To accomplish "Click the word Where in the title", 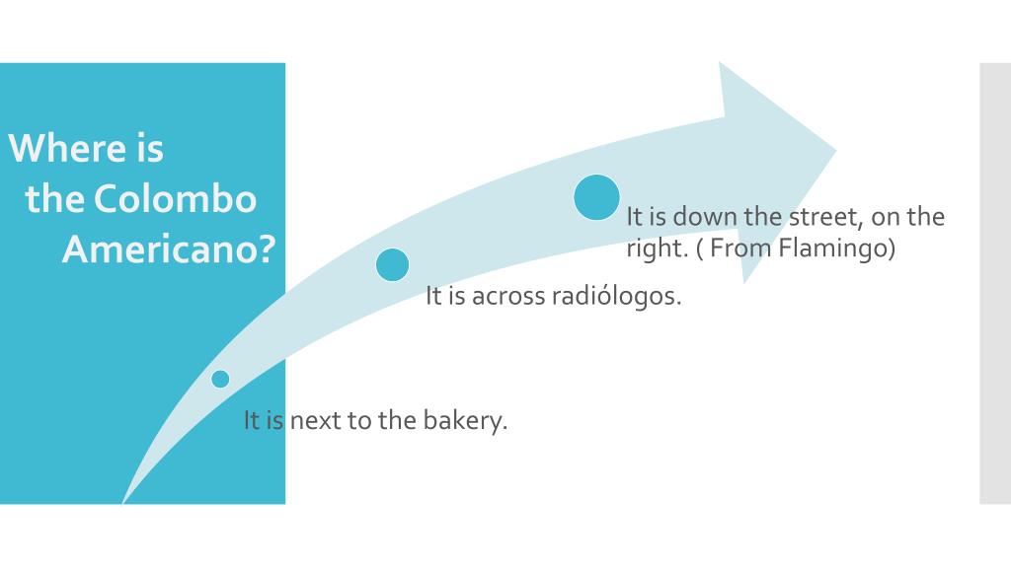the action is point(67,148).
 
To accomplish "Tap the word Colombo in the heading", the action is point(176,197).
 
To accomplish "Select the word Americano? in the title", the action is point(169,248).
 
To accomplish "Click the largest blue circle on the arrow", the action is point(596,197).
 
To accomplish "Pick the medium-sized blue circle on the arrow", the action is point(392,264).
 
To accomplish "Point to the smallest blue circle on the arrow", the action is point(220,379).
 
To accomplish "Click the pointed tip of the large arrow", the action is point(835,151).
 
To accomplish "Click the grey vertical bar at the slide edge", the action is point(995,283).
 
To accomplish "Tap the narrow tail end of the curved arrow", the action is point(123,502).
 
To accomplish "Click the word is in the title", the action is point(150,148).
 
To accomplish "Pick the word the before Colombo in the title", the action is point(55,198).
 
